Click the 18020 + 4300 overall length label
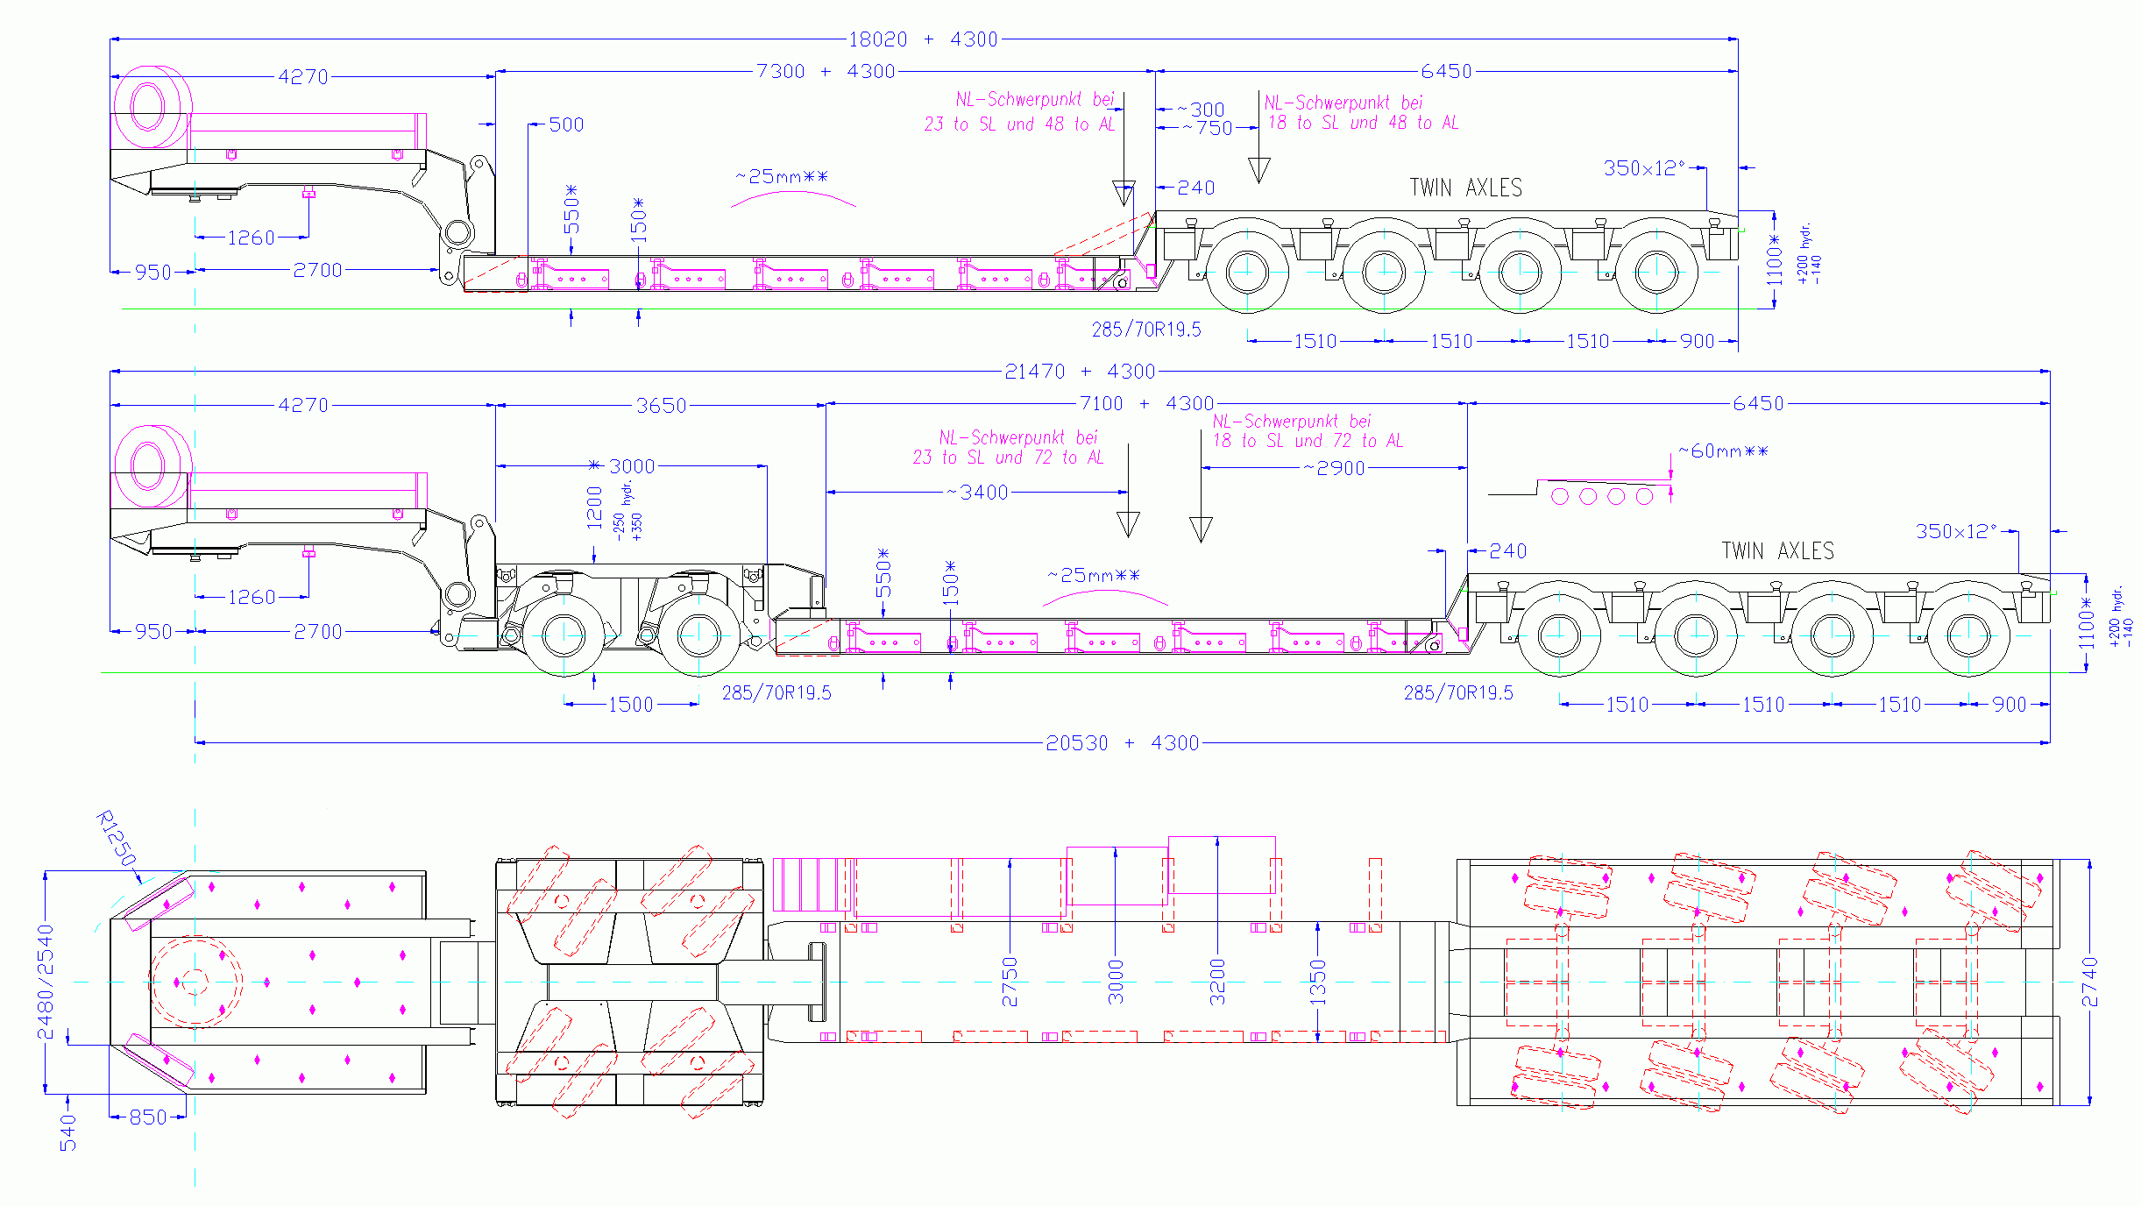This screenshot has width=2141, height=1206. click(923, 39)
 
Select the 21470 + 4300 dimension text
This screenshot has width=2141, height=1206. click(1080, 372)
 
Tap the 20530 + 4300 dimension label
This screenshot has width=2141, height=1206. click(1122, 743)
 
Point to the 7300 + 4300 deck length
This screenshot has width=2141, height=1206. click(826, 71)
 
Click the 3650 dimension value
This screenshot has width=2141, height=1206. click(662, 406)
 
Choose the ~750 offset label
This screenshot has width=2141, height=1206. click(1207, 128)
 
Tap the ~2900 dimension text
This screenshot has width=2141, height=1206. click(1333, 468)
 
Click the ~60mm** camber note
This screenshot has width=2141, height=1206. click(1723, 451)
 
